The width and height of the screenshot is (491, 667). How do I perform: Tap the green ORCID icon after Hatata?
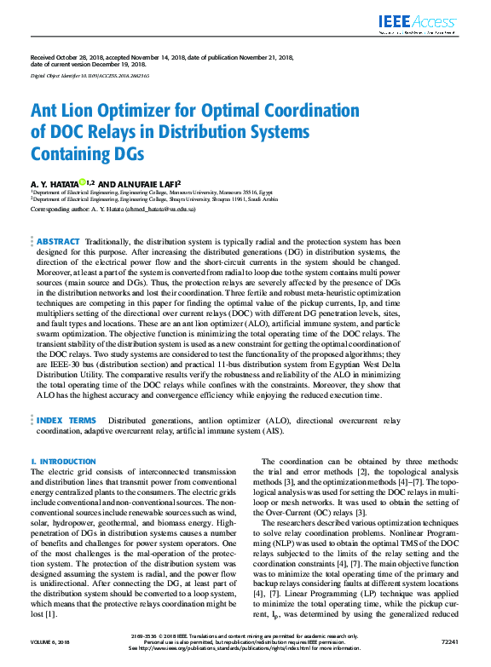click(x=83, y=181)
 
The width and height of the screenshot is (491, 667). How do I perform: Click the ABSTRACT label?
click(x=59, y=242)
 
